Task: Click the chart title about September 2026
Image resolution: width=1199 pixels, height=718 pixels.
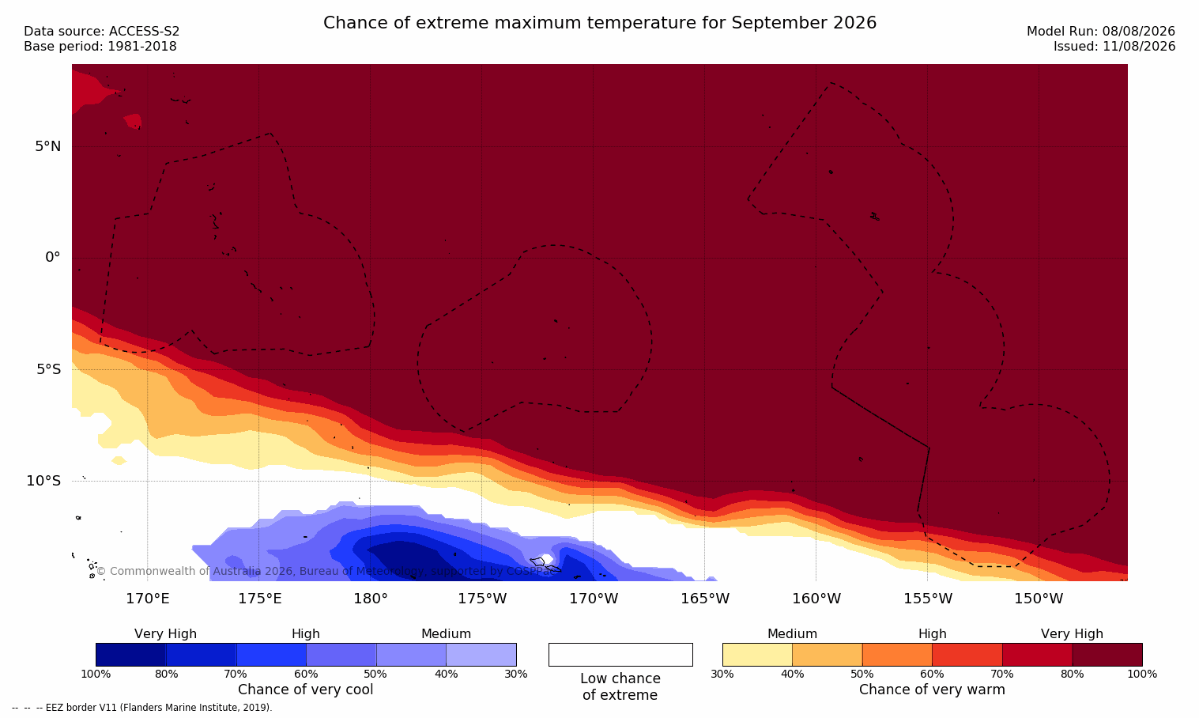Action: (599, 23)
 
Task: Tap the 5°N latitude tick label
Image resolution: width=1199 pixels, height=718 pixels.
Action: (48, 146)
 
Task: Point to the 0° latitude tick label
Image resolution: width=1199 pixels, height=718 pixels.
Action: (52, 258)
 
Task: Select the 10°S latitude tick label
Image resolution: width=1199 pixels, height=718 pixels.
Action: (44, 481)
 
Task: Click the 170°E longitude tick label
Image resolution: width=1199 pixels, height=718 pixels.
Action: (148, 599)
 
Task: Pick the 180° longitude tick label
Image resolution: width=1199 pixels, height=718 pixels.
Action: (371, 599)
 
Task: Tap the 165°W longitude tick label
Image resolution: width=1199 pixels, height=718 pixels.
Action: (705, 599)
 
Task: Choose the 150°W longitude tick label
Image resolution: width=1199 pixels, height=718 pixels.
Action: (1039, 599)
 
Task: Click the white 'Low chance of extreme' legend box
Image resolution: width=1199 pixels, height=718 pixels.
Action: (620, 655)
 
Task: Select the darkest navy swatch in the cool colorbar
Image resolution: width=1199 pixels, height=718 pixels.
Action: (130, 655)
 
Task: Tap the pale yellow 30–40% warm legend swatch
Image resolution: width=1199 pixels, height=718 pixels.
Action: (757, 655)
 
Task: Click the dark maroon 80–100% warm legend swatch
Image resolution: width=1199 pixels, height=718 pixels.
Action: (1107, 655)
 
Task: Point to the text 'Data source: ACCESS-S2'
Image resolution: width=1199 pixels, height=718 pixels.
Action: (102, 32)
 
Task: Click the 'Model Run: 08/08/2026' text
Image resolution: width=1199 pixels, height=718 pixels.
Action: (1100, 32)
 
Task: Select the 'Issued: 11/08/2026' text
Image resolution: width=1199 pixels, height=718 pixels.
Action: (1114, 47)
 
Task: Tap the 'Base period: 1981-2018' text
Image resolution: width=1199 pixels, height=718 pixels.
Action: (100, 47)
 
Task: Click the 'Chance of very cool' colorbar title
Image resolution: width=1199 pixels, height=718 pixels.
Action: (306, 690)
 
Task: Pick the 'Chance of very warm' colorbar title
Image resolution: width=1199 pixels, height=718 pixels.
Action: (932, 690)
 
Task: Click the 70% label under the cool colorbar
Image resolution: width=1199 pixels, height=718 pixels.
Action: (236, 674)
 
